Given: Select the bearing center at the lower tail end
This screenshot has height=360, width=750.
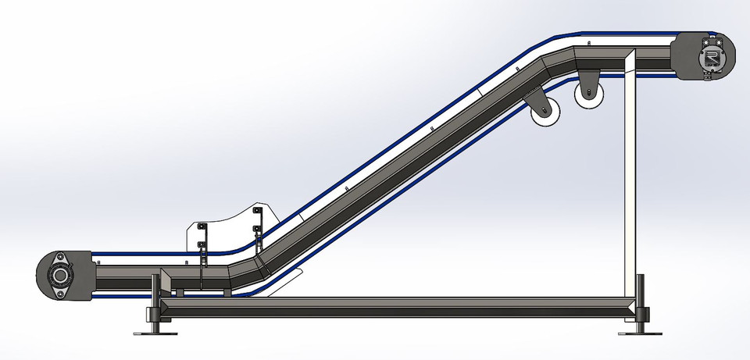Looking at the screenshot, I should [x=59, y=276].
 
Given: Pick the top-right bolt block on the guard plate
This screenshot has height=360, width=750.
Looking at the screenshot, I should [x=257, y=212].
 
